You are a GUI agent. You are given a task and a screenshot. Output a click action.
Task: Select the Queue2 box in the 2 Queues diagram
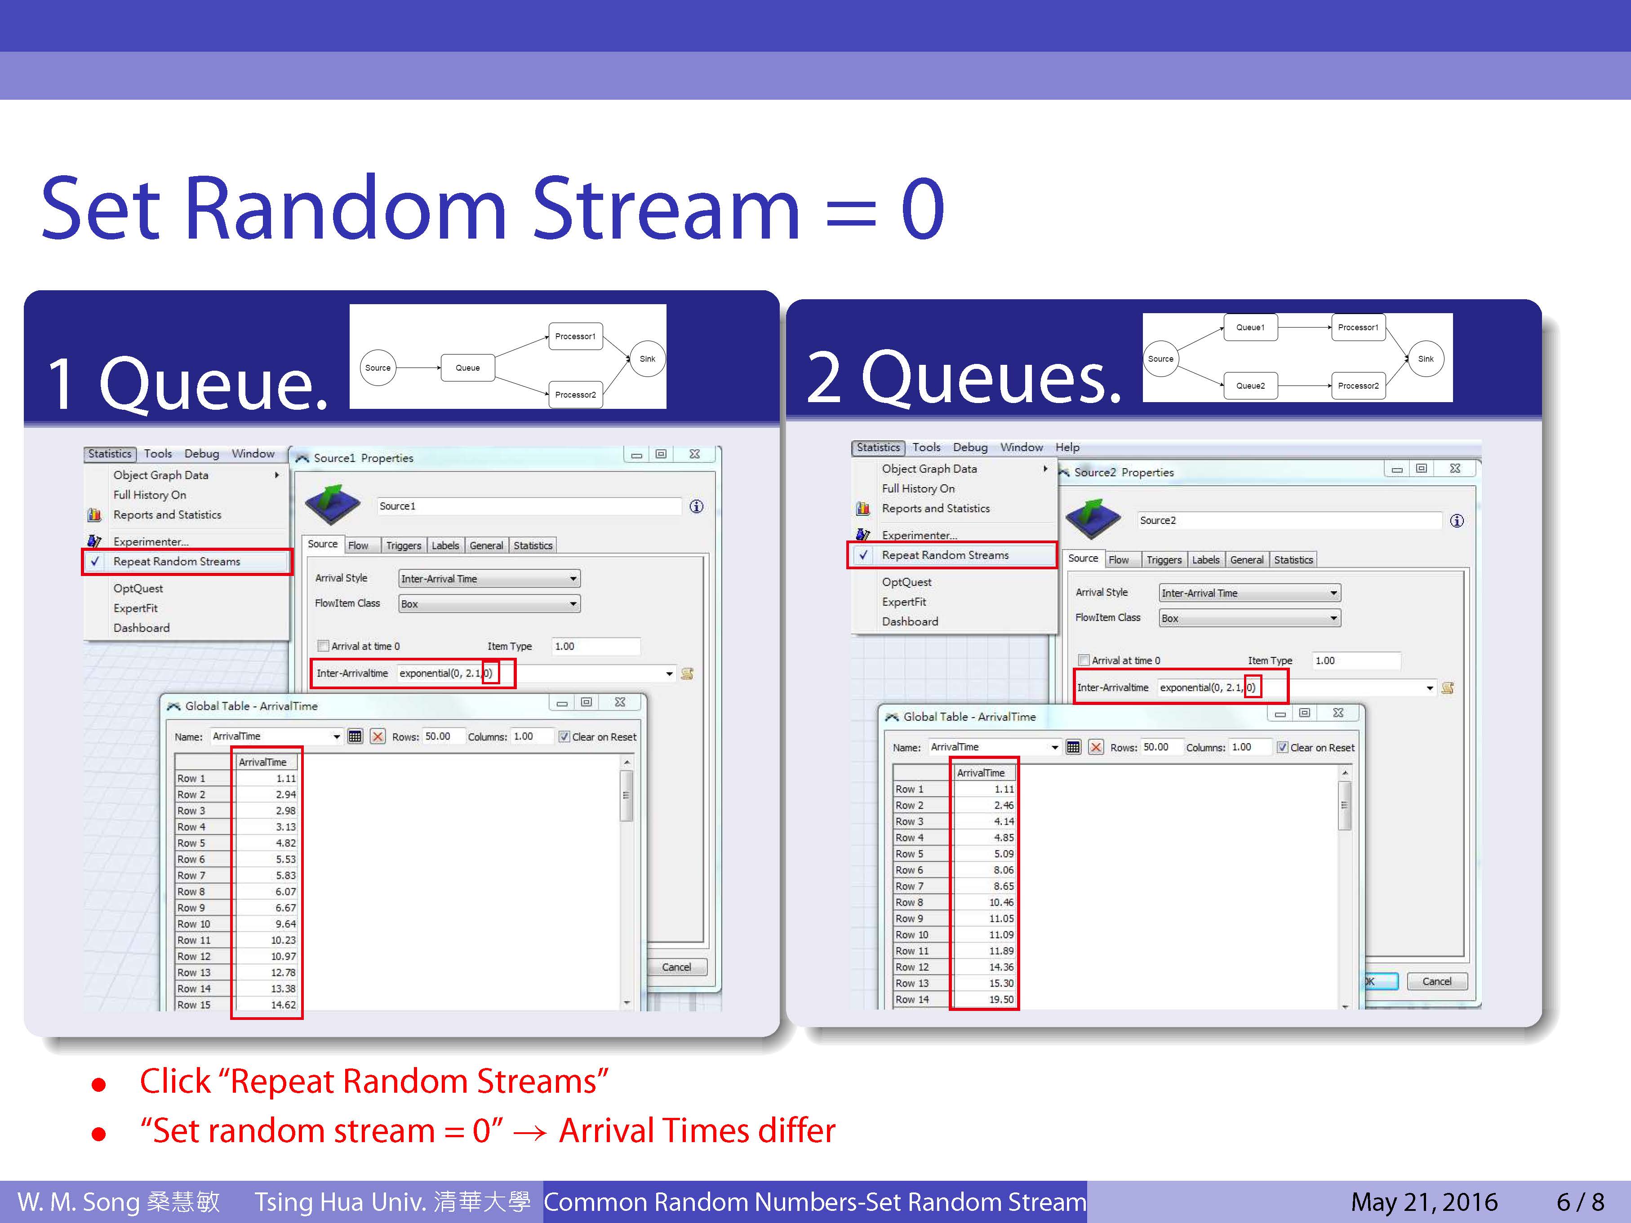coord(1250,386)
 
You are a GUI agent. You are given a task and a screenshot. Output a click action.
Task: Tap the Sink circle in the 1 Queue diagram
coord(647,359)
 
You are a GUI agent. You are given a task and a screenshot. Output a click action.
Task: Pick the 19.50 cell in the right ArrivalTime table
coord(1001,1000)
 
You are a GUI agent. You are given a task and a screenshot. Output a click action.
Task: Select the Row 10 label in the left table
coord(194,924)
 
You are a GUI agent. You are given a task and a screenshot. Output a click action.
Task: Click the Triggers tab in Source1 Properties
coord(403,545)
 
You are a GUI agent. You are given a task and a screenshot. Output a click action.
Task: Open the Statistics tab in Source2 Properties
coord(1293,559)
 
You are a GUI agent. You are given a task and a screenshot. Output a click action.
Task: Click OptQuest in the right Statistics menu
coord(907,582)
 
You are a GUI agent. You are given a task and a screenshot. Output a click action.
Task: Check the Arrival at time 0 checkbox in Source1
coord(323,646)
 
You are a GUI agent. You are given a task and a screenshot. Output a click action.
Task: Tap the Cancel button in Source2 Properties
coord(1437,981)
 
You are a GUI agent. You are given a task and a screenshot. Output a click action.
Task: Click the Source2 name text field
coord(1289,520)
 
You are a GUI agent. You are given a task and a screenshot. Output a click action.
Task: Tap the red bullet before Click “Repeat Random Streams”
coord(99,1085)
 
